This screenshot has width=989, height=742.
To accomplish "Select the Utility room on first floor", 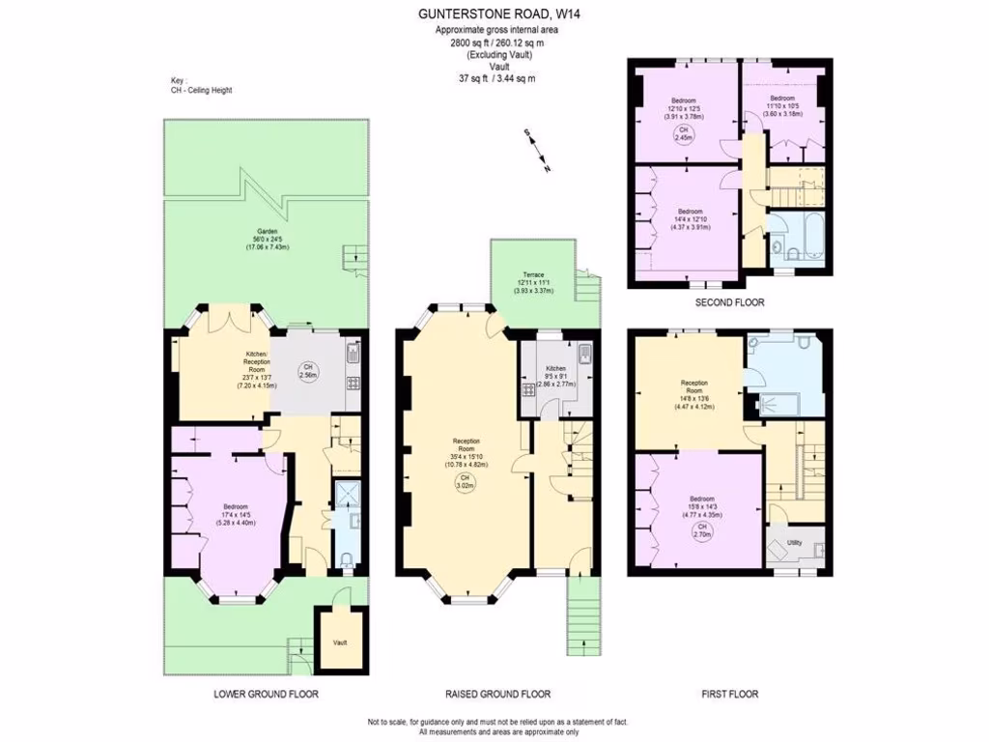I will [x=796, y=547].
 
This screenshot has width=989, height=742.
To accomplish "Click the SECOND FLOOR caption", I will [x=730, y=302].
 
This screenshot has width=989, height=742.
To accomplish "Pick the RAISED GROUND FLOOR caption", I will [x=497, y=694].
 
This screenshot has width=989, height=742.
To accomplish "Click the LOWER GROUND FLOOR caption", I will [x=265, y=694].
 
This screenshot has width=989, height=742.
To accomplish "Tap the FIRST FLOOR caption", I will [x=730, y=694].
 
